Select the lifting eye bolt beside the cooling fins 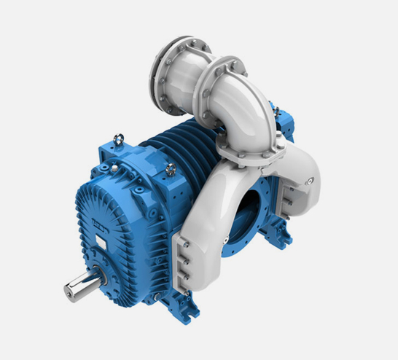pyautogui.click(x=171, y=169)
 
